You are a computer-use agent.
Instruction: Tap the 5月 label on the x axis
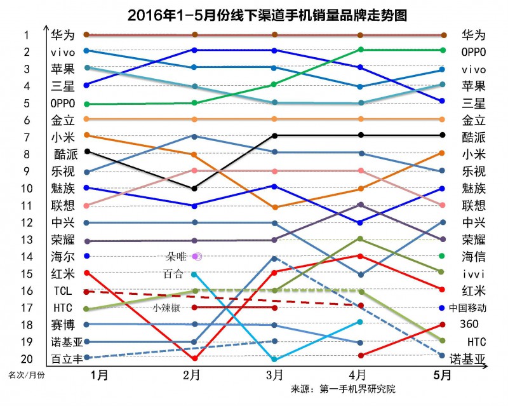click(x=443, y=376)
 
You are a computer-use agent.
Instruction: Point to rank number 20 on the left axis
click(x=27, y=358)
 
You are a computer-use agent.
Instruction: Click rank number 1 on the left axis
click(x=27, y=35)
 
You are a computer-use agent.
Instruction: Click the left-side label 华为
click(x=63, y=35)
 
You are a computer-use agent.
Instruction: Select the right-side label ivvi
click(x=473, y=274)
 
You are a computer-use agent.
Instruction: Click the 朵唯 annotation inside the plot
click(x=176, y=256)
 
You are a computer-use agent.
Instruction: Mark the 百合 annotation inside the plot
click(x=173, y=274)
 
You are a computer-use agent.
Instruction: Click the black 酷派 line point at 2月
click(x=194, y=188)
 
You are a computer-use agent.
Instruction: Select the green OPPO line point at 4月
click(x=361, y=50)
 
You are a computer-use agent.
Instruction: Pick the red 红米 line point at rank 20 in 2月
click(x=194, y=358)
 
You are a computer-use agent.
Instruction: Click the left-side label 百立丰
click(x=67, y=359)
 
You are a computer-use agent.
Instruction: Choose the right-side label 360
click(x=473, y=324)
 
